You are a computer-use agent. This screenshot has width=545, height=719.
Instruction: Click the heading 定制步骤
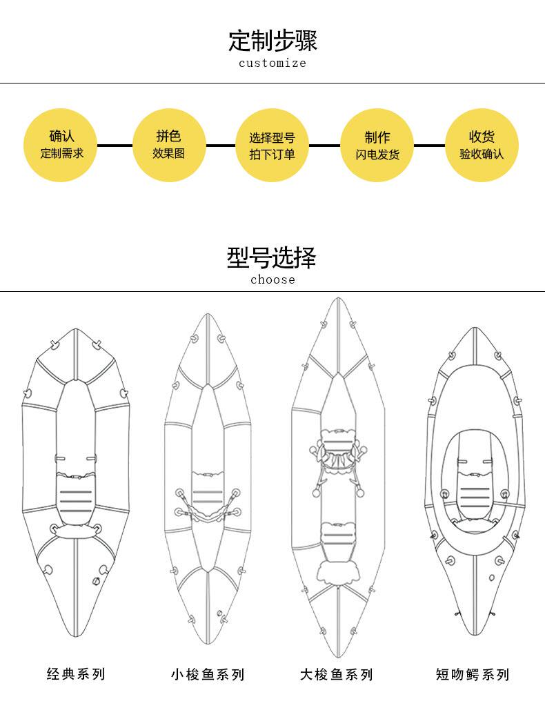click(272, 41)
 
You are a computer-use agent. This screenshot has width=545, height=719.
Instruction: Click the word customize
click(272, 63)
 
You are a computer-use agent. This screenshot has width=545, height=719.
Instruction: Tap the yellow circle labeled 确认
click(61, 145)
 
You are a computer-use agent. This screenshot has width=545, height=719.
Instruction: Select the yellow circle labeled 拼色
click(169, 145)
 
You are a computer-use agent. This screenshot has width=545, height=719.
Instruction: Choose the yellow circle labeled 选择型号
click(272, 145)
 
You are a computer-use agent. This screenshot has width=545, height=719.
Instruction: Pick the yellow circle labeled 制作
click(377, 145)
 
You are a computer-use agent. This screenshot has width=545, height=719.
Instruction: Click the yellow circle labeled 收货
click(482, 145)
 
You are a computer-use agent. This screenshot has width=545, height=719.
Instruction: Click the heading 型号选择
click(272, 258)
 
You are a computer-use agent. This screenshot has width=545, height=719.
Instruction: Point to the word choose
click(272, 279)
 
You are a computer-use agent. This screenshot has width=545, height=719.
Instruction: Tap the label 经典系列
click(76, 673)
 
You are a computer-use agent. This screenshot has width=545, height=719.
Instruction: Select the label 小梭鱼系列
click(208, 674)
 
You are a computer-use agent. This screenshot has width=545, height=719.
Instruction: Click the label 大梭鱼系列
click(337, 674)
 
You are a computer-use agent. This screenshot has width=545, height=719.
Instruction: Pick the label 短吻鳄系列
click(473, 674)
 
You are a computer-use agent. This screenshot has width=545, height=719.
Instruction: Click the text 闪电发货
click(377, 155)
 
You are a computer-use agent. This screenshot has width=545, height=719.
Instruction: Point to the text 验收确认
click(482, 154)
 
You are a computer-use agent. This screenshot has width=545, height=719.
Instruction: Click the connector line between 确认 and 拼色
click(115, 146)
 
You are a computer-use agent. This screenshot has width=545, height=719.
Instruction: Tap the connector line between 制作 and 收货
click(429, 146)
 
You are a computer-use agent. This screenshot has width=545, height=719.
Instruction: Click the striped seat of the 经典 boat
click(75, 497)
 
